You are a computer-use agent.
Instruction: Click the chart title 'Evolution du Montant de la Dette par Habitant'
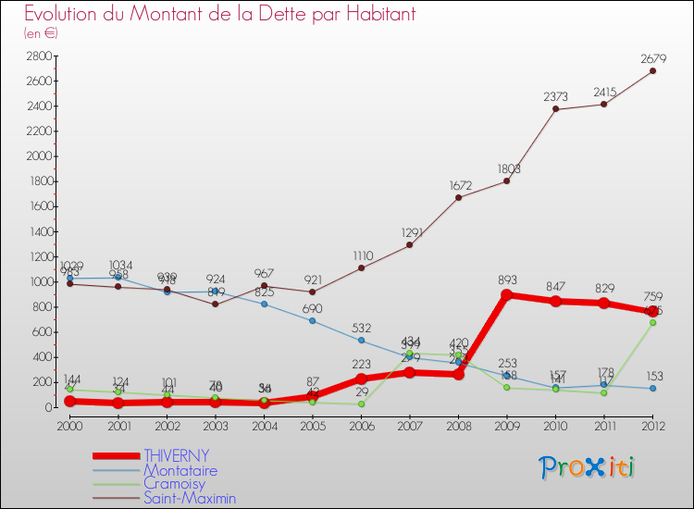220,15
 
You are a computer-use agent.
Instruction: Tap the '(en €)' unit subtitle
42,33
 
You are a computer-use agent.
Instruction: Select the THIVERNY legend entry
176,455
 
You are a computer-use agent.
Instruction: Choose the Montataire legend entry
180,470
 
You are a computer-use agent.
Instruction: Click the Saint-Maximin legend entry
190,498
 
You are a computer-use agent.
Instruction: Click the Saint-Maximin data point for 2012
652,71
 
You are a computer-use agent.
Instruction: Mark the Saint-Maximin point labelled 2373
555,109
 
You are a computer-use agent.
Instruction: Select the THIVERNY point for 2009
507,295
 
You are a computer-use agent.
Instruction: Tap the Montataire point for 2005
313,320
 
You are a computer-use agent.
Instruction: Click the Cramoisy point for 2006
361,403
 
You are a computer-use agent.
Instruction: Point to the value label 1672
458,186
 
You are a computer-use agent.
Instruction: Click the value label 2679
652,59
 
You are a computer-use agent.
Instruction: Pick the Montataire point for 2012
652,388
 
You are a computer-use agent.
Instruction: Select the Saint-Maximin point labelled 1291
410,245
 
